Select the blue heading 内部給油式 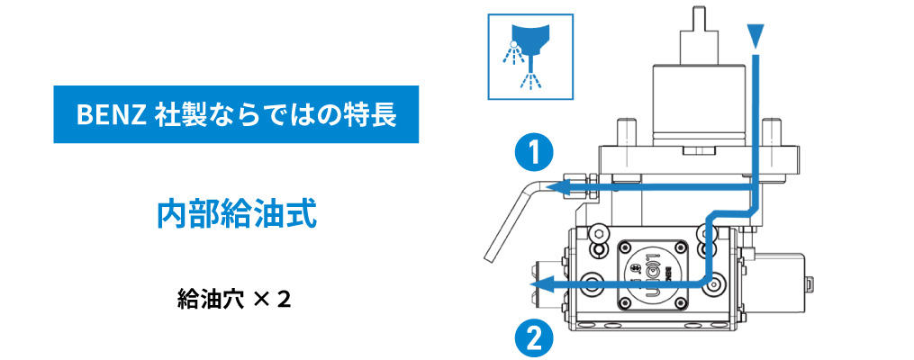pyautogui.click(x=236, y=214)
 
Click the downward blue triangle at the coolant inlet pyautogui.click(x=756, y=35)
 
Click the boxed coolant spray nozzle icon pyautogui.click(x=529, y=56)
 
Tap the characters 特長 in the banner pyautogui.click(x=376, y=115)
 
